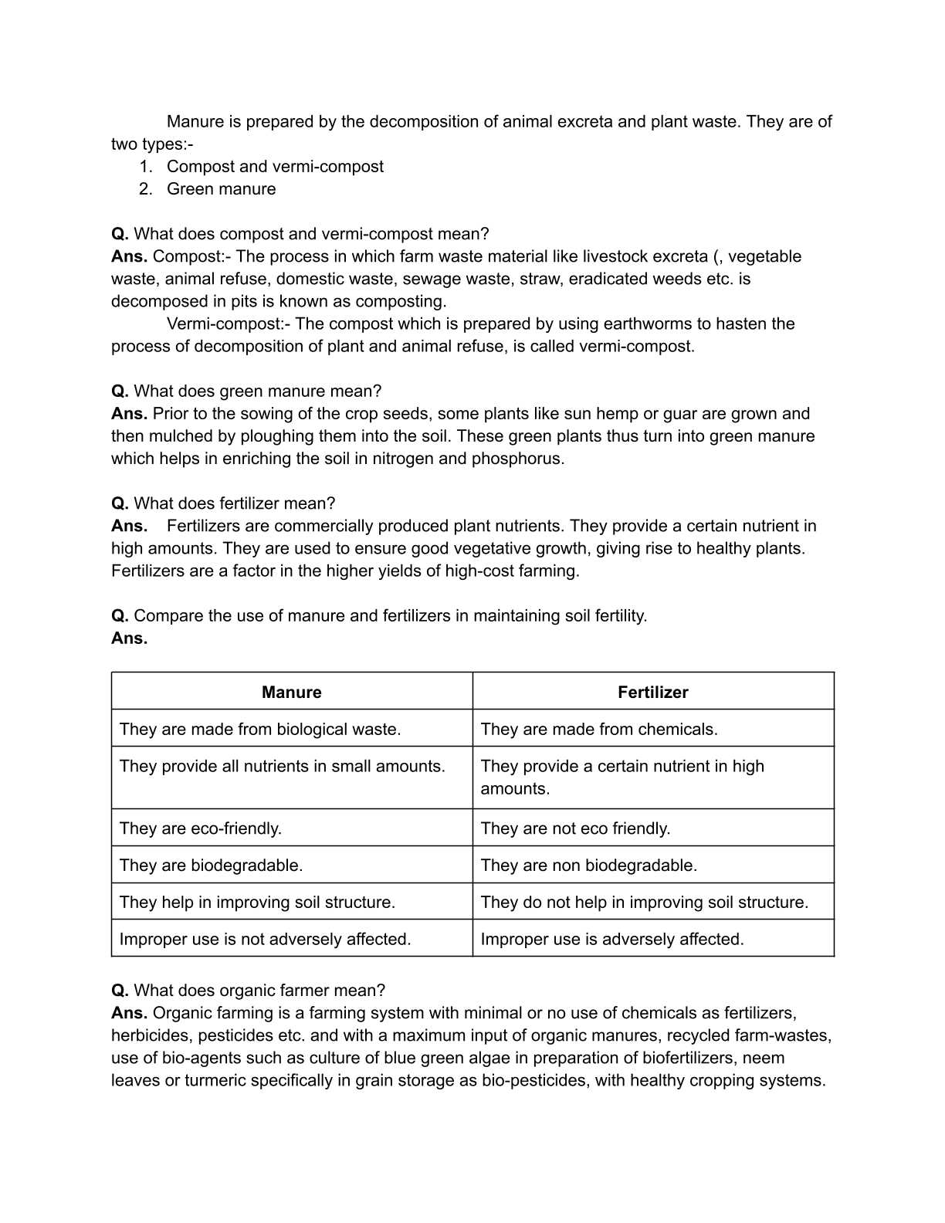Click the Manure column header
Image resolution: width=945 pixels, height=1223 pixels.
pos(291,692)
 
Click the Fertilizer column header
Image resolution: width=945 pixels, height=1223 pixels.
pos(652,692)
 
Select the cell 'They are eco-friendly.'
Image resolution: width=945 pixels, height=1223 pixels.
pos(201,828)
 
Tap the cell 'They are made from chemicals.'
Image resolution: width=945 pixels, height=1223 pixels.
pos(598,729)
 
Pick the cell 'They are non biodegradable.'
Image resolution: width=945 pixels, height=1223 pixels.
pos(588,866)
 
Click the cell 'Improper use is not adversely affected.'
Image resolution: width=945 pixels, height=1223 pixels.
pos(265,940)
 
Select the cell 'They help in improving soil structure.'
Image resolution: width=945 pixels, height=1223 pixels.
pos(257,903)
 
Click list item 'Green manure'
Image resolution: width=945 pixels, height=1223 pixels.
pos(221,189)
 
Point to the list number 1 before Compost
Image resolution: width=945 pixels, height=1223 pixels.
pos(145,167)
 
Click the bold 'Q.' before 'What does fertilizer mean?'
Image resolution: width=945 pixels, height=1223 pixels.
pos(120,503)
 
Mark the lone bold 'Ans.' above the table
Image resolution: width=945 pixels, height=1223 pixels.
pos(129,639)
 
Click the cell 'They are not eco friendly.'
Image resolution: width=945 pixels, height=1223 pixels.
pos(575,828)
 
